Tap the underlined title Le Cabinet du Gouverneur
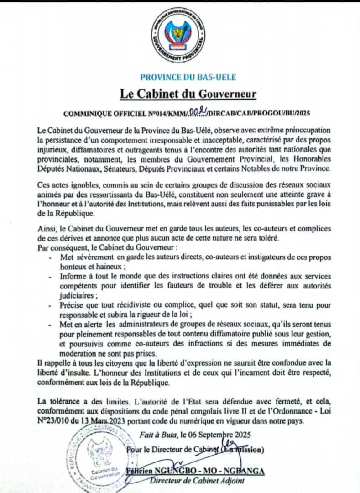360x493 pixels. [x=188, y=94]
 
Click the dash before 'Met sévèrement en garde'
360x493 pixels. [x=50, y=258]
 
